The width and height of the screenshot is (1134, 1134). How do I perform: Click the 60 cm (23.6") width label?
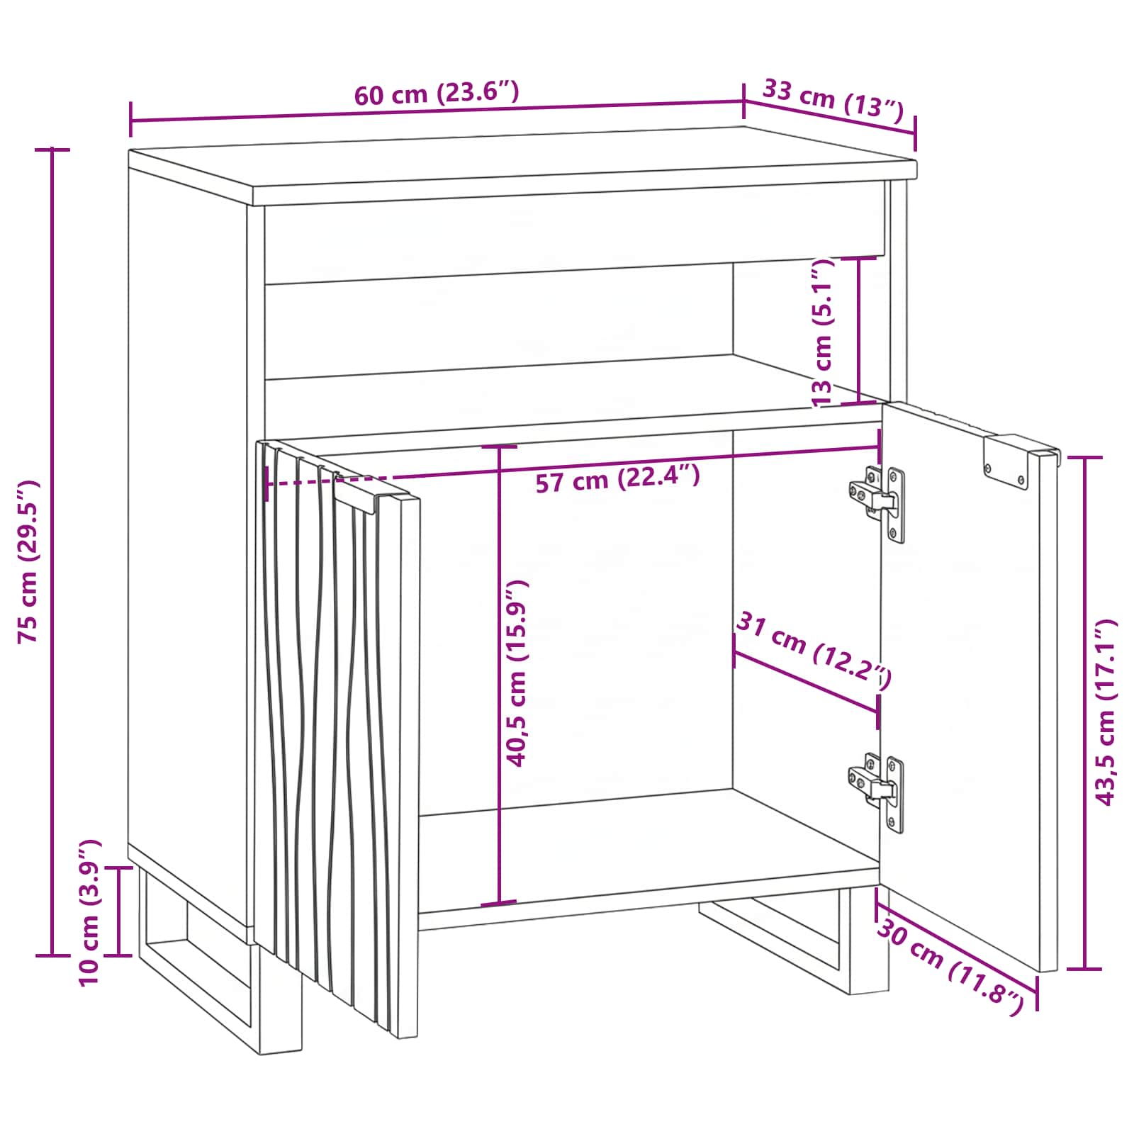click(x=437, y=94)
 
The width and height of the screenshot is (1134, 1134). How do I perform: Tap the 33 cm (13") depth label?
click(x=833, y=99)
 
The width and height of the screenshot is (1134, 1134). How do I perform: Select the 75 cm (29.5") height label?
click(x=29, y=561)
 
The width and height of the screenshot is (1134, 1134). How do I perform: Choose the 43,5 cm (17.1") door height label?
click(x=1106, y=712)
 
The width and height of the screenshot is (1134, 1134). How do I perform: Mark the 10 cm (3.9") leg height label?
click(x=90, y=912)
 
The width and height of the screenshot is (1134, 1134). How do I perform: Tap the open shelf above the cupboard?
click(x=571, y=340)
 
